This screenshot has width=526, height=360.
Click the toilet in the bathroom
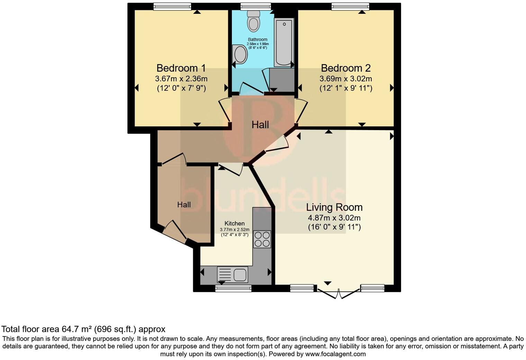coord(254,21)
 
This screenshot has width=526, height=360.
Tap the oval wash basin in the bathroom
coord(240,55)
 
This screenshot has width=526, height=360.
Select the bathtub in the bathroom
coord(284,42)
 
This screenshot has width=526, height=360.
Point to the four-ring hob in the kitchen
coord(262,239)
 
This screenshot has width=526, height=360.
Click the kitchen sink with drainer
coord(233,274)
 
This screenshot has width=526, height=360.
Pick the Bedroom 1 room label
coord(181,68)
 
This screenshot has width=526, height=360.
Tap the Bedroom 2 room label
coord(345,68)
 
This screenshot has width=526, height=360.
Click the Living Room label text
coord(334,207)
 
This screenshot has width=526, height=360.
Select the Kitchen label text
coord(234,224)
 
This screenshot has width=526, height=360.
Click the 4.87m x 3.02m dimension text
coord(334,218)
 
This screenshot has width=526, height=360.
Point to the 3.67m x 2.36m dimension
coord(181,79)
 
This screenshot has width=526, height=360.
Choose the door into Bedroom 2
coord(302,111)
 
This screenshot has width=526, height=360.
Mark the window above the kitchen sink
coord(233,288)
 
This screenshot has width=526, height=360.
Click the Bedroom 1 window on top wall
coord(172,6)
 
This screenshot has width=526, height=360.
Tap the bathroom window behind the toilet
coord(256,6)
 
